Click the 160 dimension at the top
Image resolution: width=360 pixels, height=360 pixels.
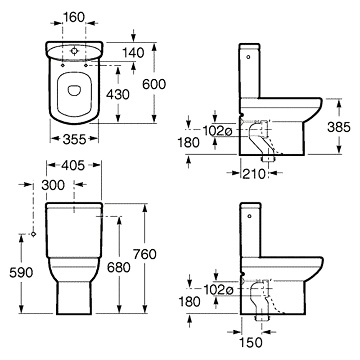(74, 17)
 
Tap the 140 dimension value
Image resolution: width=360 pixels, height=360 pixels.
(133, 53)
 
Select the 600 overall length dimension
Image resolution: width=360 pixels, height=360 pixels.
(154, 84)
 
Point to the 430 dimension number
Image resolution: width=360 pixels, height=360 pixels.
(118, 94)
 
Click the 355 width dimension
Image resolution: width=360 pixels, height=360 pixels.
(74, 139)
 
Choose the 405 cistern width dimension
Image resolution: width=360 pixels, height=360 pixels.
(73, 165)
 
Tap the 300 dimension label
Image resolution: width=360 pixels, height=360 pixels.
(53, 185)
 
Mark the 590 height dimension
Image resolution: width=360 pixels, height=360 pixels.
(21, 273)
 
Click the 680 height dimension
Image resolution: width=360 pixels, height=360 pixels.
(119, 267)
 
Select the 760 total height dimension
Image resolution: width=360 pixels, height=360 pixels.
(145, 254)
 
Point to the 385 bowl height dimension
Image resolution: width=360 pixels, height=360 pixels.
(339, 127)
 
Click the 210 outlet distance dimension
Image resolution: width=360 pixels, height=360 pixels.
(254, 174)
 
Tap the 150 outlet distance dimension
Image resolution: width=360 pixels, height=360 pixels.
(251, 342)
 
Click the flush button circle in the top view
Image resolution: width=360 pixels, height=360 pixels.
(74, 50)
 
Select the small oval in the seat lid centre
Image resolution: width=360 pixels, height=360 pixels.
(74, 90)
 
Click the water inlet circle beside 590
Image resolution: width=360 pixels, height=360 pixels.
(33, 234)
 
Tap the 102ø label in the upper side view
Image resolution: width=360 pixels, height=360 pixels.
(217, 131)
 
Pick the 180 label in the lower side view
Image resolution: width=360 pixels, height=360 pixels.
(189, 301)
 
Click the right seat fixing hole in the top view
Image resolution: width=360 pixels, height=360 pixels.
(86, 65)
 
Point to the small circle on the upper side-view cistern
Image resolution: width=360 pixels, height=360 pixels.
(248, 57)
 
